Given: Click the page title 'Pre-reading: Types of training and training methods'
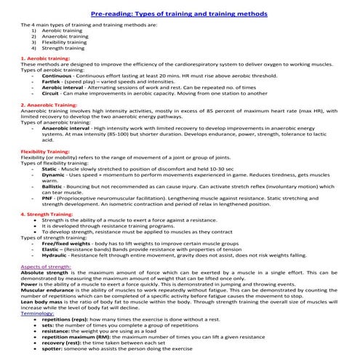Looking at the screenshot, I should (x=180, y=14).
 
